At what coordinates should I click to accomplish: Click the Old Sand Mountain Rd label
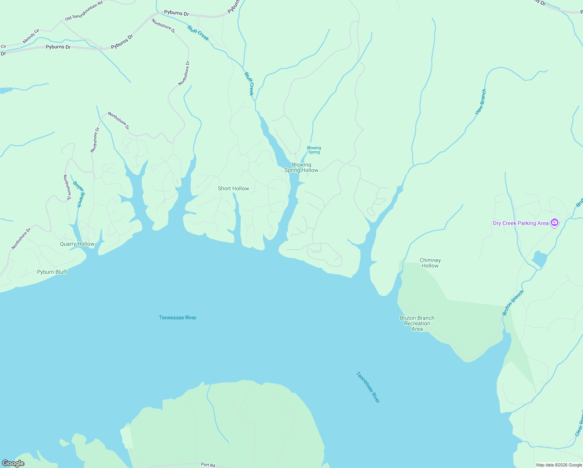point(84,11)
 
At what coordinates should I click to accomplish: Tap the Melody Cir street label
point(31,36)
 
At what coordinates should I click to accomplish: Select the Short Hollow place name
point(233,188)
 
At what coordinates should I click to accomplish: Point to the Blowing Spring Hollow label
point(301,167)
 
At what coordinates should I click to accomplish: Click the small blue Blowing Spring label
point(314,150)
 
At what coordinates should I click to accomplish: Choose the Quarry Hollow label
point(77,244)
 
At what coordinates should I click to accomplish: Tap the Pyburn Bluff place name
point(52,272)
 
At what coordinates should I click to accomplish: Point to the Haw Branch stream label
point(481,102)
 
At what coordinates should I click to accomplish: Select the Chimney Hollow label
point(430,263)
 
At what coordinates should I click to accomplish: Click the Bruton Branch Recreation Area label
point(417,323)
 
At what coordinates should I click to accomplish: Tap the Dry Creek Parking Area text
point(521,223)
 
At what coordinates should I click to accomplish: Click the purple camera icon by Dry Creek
point(554,223)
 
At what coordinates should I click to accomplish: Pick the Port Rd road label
point(208,464)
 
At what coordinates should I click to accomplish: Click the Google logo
point(13,463)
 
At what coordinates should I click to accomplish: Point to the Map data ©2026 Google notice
point(559,465)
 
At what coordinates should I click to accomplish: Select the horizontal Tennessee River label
point(178,317)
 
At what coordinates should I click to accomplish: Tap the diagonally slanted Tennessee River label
point(367,387)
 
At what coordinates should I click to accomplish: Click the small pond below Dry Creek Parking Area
point(540,259)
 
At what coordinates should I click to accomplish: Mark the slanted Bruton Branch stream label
point(513,303)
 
